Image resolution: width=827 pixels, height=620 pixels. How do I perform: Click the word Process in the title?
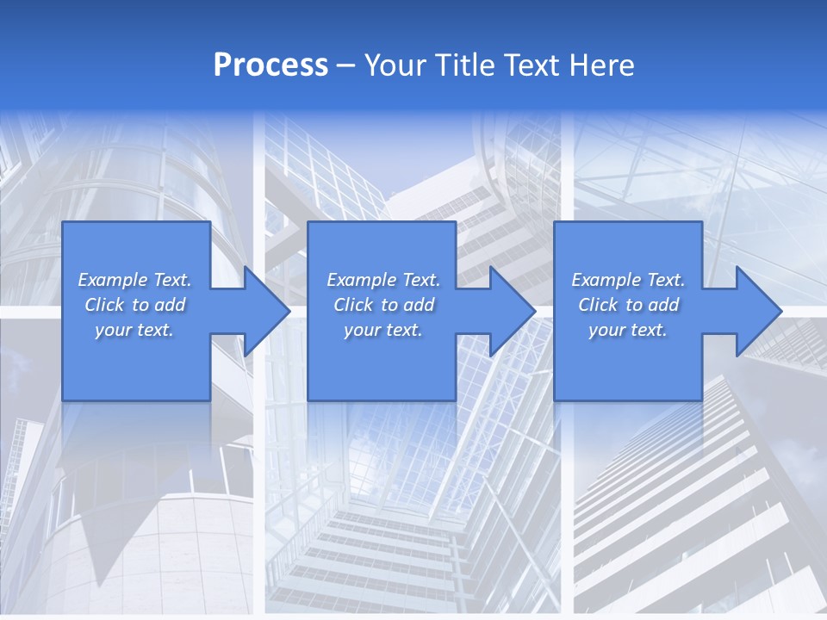click(x=270, y=65)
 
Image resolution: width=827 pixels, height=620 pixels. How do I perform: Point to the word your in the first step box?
click(x=113, y=331)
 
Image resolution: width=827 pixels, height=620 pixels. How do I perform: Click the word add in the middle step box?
click(x=419, y=305)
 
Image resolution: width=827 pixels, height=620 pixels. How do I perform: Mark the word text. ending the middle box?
click(x=403, y=331)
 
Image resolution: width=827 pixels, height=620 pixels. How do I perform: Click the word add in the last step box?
click(x=663, y=305)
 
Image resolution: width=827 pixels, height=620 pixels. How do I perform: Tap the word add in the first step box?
click(x=170, y=305)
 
